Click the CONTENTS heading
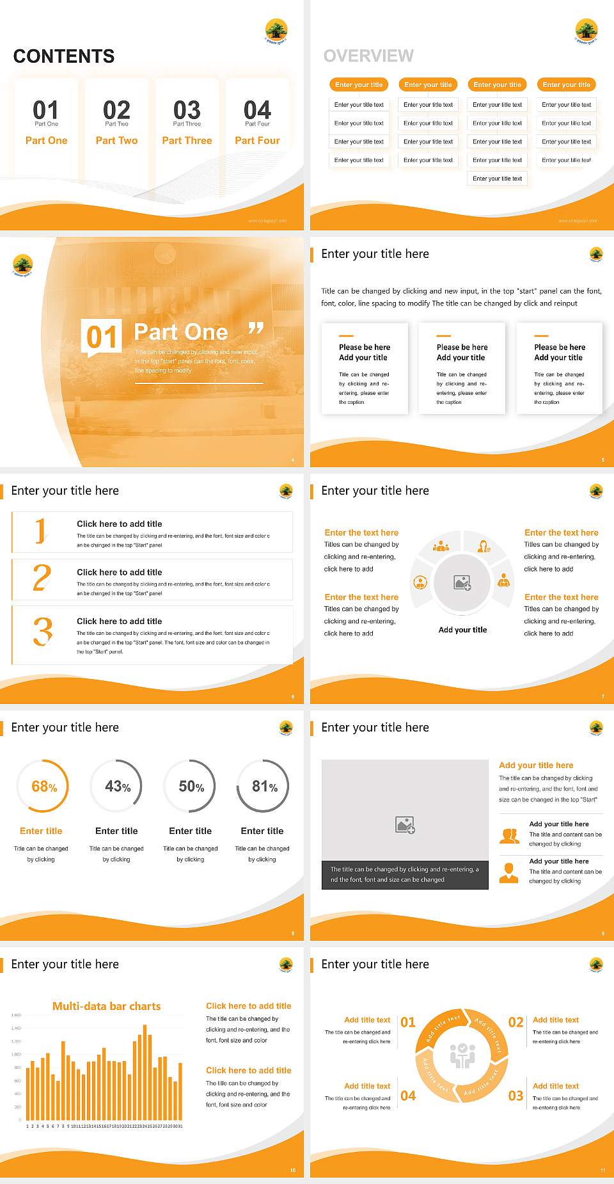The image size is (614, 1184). pyautogui.click(x=64, y=56)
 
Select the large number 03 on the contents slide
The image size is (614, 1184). pyautogui.click(x=187, y=109)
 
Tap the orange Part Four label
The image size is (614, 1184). pyautogui.click(x=257, y=140)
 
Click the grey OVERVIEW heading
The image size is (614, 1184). pyautogui.click(x=368, y=56)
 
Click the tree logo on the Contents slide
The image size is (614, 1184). pyautogui.click(x=276, y=30)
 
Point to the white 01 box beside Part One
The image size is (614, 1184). pyautogui.click(x=102, y=337)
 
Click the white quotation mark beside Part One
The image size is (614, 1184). pyautogui.click(x=256, y=328)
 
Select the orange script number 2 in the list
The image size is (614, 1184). pyautogui.click(x=42, y=577)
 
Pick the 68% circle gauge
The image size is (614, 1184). pyautogui.click(x=43, y=786)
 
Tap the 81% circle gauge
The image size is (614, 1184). pyautogui.click(x=264, y=786)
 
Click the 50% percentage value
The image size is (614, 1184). pyautogui.click(x=191, y=787)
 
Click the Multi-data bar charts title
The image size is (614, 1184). pyautogui.click(x=106, y=1006)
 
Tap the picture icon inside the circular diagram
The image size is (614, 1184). pyautogui.click(x=462, y=582)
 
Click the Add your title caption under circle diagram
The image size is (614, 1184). pyautogui.click(x=462, y=630)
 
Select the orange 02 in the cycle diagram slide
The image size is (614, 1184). pyautogui.click(x=516, y=1022)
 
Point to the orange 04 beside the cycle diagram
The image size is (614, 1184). pyautogui.click(x=408, y=1096)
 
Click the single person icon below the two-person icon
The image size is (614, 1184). pyautogui.click(x=508, y=872)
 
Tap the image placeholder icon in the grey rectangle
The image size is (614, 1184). pyautogui.click(x=405, y=825)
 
